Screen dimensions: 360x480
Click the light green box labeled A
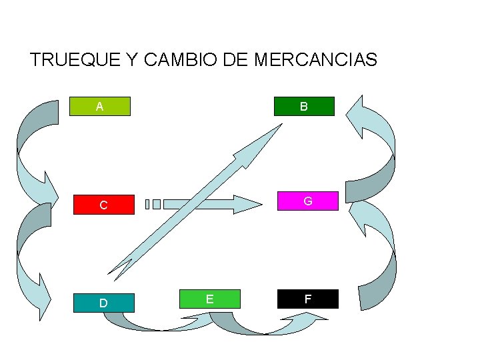99,107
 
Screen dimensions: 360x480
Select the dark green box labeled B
303,107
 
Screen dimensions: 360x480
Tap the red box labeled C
103,205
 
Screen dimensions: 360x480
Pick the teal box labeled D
103,303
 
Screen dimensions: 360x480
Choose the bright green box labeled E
209,299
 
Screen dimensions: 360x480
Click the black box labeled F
307,299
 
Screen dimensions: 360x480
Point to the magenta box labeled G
307,201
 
